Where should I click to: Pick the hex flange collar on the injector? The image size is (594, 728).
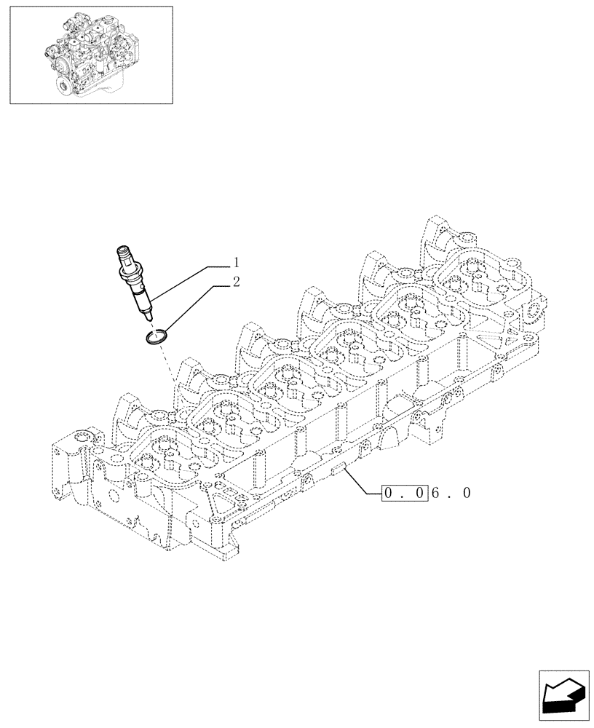(135, 285)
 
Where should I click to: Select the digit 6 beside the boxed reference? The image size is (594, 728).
(435, 494)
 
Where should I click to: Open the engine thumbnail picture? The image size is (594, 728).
(91, 55)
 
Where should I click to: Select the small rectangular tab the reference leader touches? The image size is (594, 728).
(338, 471)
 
